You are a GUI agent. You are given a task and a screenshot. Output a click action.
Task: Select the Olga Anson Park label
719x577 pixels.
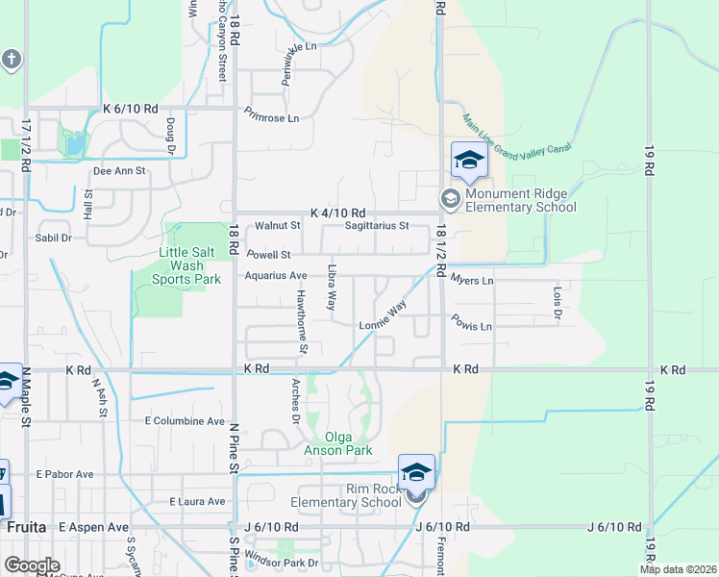[334, 442]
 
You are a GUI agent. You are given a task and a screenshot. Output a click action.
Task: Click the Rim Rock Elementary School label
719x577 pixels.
[345, 495]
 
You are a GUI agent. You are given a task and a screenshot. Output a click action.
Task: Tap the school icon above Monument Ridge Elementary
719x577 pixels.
[468, 162]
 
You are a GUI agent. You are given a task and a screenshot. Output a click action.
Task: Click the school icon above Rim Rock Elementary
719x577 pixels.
[416, 471]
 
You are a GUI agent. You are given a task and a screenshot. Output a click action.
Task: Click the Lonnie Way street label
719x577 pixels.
[383, 318]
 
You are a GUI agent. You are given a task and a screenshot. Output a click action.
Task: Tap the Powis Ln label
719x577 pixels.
[471, 326]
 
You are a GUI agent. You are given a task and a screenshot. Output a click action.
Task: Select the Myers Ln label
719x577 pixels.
[471, 280]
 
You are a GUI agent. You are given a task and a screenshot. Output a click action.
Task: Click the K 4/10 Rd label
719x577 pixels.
[338, 213]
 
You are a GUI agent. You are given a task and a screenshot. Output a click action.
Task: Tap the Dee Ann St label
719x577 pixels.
[118, 171]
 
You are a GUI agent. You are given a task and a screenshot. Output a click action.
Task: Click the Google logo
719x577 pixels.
[32, 565]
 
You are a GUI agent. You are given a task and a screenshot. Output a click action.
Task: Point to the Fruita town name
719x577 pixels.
[23, 527]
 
